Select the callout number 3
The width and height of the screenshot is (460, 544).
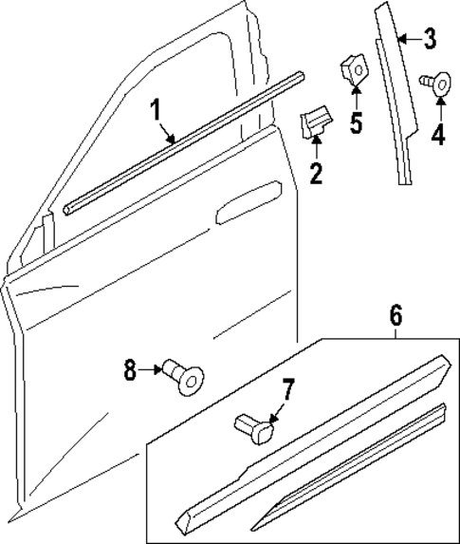(429, 39)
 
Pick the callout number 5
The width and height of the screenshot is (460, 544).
(355, 123)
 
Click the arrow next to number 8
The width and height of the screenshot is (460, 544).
(151, 368)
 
